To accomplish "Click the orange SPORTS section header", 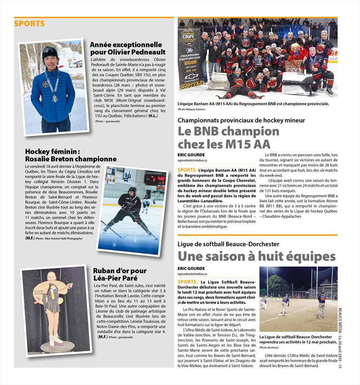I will [29, 24].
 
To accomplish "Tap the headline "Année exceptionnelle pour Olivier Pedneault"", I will [126, 48].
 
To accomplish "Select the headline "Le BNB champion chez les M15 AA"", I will [228, 138].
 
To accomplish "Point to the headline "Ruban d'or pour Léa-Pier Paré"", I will [120, 274].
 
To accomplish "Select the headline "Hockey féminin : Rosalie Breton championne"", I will [71, 155].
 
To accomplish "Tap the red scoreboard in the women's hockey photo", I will [155, 178].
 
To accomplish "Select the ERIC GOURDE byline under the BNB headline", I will [191, 155].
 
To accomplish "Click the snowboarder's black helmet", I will [49, 52].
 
